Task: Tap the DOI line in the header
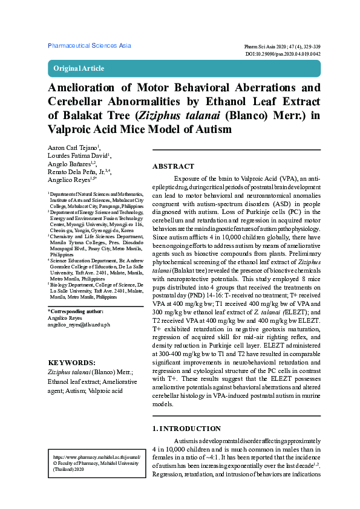283,54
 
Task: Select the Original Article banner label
79,68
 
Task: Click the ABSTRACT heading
173,166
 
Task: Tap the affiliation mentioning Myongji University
96,224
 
